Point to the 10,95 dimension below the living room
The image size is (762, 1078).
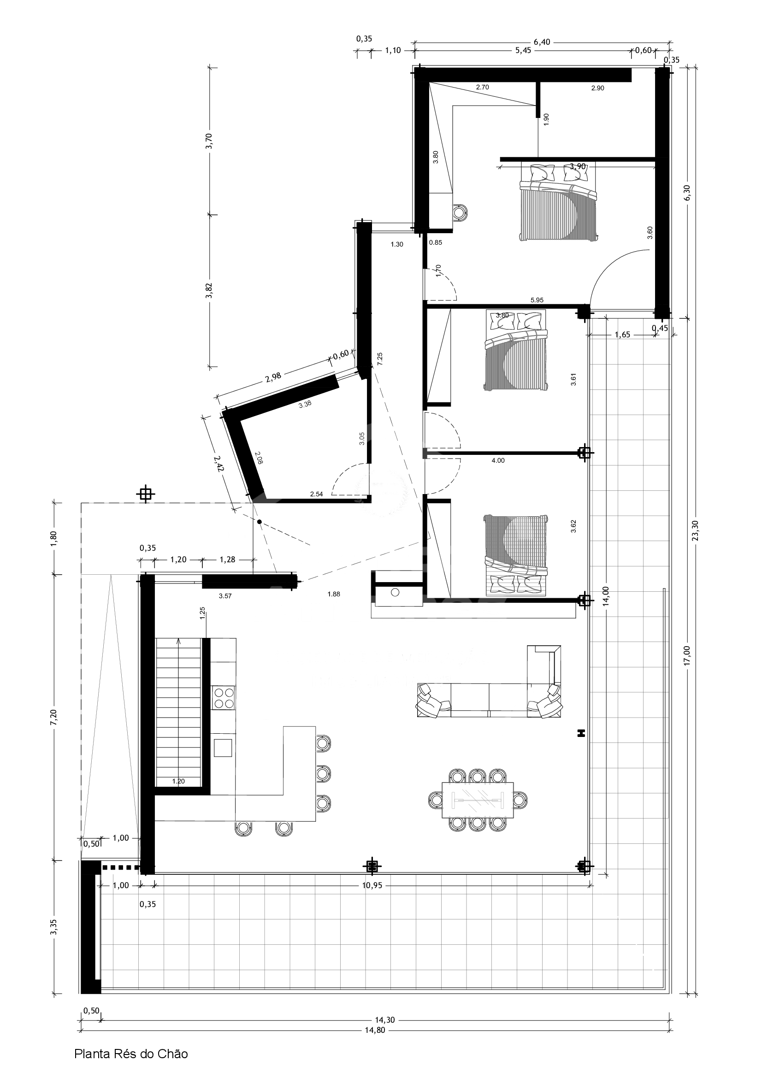(x=372, y=885)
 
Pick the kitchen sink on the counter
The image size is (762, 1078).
(x=223, y=748)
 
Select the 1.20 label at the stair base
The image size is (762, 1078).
(x=178, y=781)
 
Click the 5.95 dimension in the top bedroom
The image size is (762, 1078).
(x=537, y=300)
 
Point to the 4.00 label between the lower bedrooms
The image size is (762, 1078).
(x=498, y=460)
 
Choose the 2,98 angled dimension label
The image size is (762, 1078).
(x=273, y=377)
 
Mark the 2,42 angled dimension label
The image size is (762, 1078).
(x=218, y=463)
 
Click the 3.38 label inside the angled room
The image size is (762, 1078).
(x=305, y=403)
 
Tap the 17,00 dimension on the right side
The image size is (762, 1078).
(x=687, y=655)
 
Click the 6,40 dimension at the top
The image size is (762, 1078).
(x=542, y=42)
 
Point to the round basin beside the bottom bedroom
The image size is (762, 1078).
(x=395, y=592)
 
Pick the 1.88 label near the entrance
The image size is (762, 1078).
(x=334, y=594)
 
